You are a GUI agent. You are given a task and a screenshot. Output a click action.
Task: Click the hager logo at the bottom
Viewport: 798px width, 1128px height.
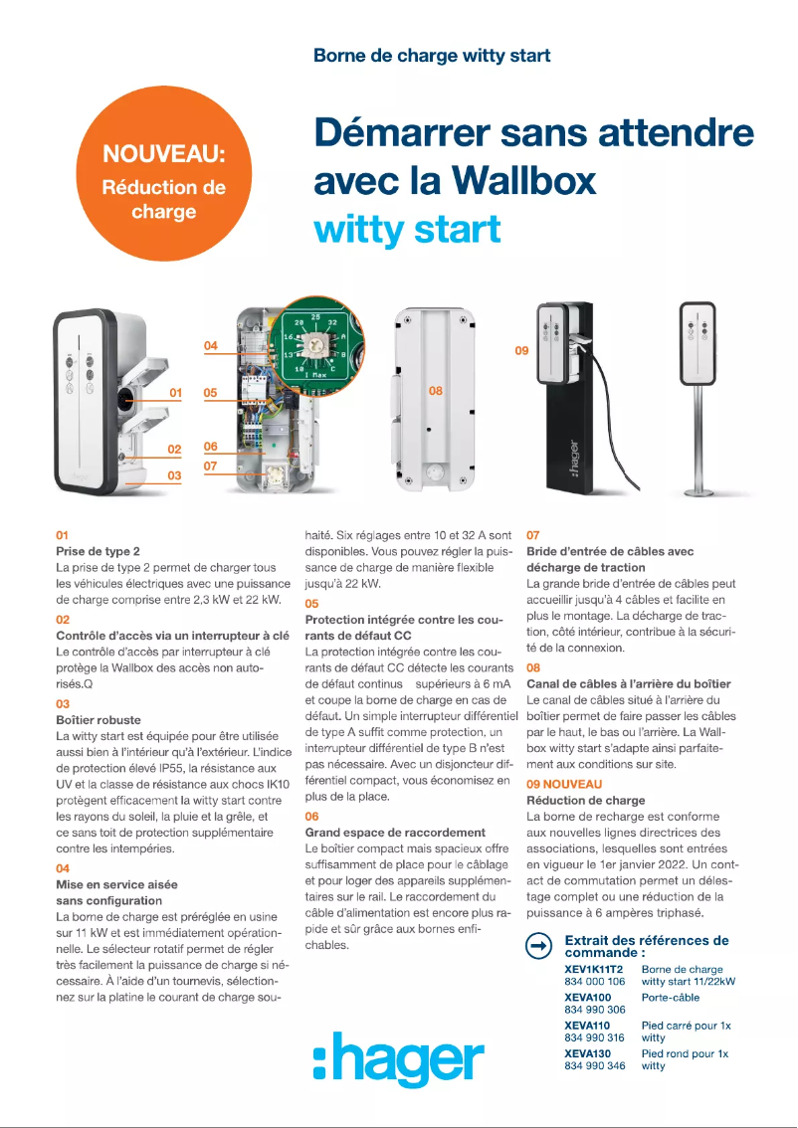(x=398, y=1058)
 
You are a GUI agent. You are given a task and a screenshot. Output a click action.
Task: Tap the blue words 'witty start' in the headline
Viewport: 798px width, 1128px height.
(x=407, y=230)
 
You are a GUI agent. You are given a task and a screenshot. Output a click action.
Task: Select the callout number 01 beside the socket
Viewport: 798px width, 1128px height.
(x=175, y=394)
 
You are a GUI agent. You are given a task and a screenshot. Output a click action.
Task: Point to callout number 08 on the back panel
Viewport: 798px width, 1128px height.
(x=436, y=391)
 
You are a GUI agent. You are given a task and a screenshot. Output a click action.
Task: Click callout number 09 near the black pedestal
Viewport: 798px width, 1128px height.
(x=521, y=350)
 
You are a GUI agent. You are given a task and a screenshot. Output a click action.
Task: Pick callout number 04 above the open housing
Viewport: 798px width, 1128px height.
(x=210, y=345)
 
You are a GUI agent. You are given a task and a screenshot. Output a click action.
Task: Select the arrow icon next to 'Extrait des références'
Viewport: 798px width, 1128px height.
(x=538, y=946)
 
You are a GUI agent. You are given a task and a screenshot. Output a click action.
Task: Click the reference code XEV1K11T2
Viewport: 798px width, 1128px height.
(x=594, y=969)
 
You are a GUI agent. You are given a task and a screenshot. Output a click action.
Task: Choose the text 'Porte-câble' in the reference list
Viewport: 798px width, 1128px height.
(x=670, y=997)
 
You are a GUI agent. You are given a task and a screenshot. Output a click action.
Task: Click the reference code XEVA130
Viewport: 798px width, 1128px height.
(x=587, y=1053)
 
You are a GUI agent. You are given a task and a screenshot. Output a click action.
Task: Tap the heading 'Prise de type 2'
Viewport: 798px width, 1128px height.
(x=98, y=551)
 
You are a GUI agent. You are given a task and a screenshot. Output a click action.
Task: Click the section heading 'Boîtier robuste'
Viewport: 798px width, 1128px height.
(x=98, y=719)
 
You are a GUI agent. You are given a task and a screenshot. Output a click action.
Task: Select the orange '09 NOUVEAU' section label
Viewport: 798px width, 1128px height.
(x=564, y=784)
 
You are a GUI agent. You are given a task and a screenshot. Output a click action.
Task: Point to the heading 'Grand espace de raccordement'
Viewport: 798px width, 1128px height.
(x=395, y=832)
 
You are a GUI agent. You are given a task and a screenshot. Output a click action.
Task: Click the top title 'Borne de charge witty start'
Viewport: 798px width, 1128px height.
(x=431, y=56)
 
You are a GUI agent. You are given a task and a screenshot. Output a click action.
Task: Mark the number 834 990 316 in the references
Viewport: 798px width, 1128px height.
(x=595, y=1037)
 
